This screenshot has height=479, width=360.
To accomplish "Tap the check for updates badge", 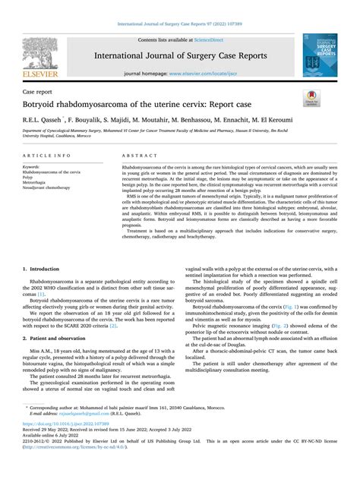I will pos(311,99).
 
